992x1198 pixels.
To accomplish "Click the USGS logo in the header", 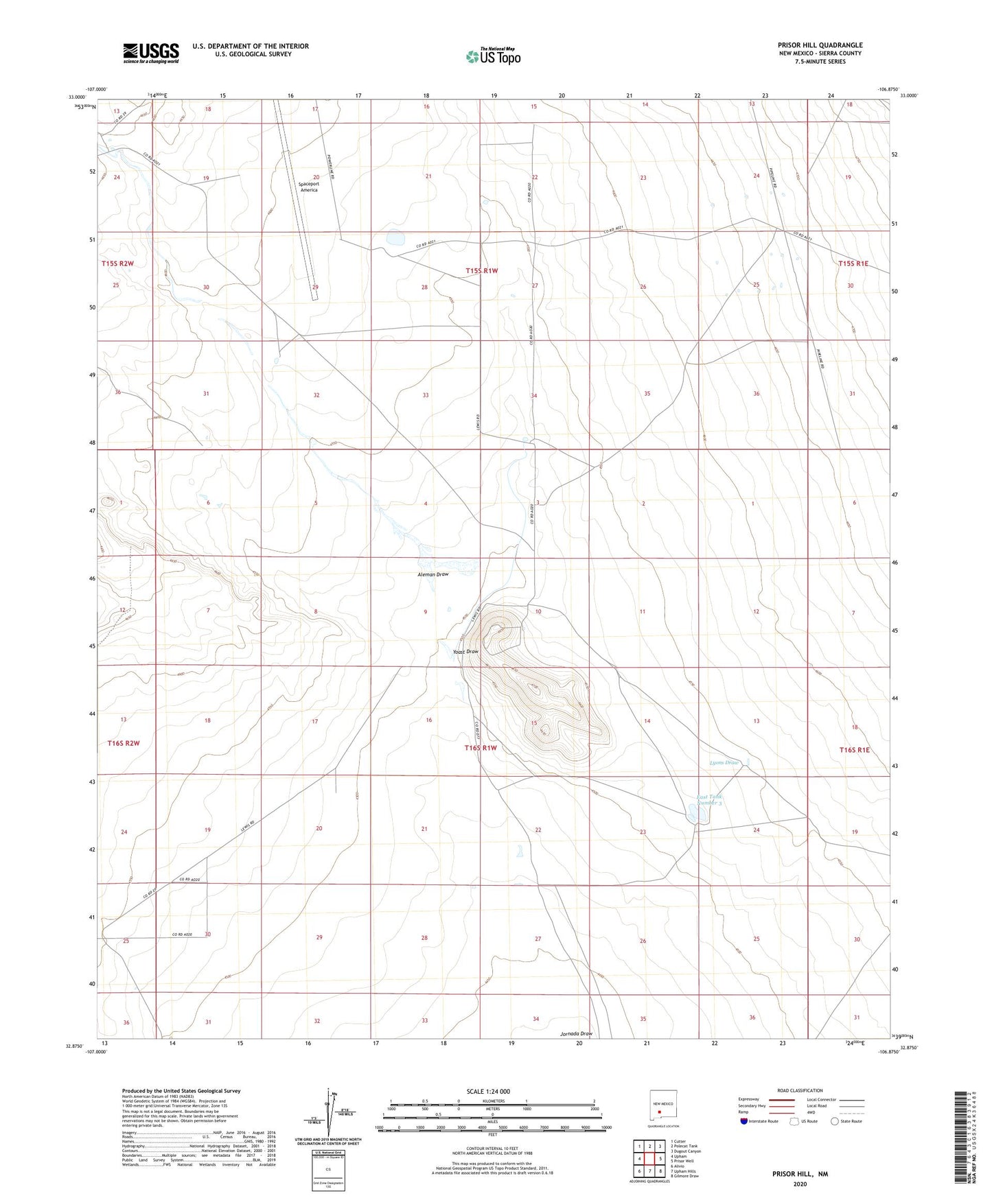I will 151,53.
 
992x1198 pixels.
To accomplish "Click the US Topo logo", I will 493,56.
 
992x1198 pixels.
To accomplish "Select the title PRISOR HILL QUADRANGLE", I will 820,45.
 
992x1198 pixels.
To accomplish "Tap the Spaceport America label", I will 309,187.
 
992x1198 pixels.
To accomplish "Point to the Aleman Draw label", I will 432,574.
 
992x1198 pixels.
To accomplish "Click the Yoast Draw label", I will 465,651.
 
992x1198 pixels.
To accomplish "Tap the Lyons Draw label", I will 724,763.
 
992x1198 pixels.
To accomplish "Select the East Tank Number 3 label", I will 709,799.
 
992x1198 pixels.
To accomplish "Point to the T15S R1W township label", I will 481,271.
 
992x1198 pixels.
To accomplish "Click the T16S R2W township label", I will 124,743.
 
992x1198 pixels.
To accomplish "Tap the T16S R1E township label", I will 854,750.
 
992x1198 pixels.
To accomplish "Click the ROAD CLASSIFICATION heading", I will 800,1090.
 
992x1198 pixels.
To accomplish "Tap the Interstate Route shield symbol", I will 744,1121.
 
